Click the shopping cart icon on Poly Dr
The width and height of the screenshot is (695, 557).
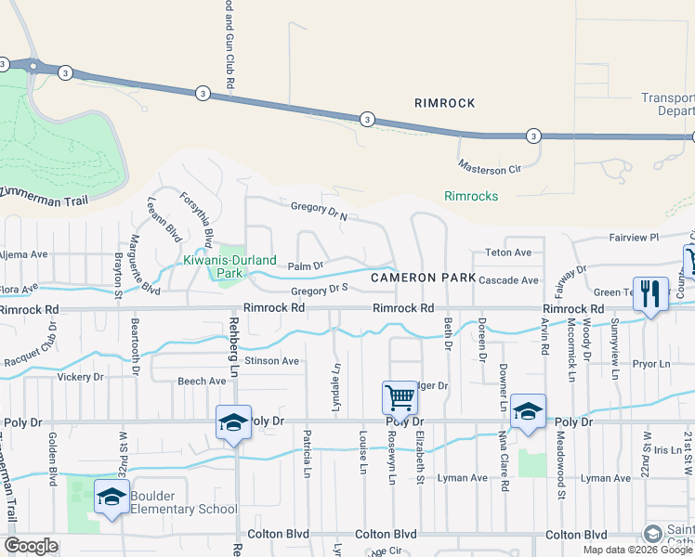(400, 397)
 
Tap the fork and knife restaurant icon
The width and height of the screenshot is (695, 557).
(649, 294)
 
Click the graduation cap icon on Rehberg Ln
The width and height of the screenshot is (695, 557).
(232, 422)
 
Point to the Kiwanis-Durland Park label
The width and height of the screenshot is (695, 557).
(219, 267)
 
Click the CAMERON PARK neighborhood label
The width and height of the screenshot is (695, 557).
(423, 278)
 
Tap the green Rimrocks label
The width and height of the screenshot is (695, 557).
(471, 196)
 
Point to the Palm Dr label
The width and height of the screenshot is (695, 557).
(305, 266)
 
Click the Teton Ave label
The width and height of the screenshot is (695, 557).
(508, 253)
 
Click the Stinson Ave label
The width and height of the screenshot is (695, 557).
(272, 360)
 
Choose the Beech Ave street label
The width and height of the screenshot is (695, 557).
(202, 381)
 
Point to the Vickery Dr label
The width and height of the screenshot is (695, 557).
(79, 377)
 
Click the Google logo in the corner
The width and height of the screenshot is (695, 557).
(31, 546)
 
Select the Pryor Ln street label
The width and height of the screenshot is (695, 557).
(651, 365)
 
